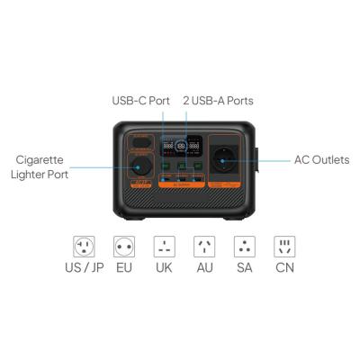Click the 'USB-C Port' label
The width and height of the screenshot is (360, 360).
pyautogui.click(x=139, y=100)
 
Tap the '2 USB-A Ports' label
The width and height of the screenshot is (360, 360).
pyautogui.click(x=218, y=100)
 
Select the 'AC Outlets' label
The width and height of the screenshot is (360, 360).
pyautogui.click(x=321, y=160)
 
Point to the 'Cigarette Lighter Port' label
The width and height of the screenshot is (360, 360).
pyautogui.click(x=40, y=166)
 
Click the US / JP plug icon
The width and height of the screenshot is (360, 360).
pyautogui.click(x=84, y=247)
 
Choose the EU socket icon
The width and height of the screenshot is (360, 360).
pyautogui.click(x=124, y=247)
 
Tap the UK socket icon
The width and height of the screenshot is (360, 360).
pyautogui.click(x=164, y=247)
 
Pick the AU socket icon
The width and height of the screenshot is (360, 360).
pyautogui.click(x=204, y=247)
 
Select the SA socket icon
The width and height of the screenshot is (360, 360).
pyautogui.click(x=244, y=247)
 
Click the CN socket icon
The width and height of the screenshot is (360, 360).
pyautogui.click(x=284, y=247)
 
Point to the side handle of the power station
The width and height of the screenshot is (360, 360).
pyautogui.click(x=256, y=159)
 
